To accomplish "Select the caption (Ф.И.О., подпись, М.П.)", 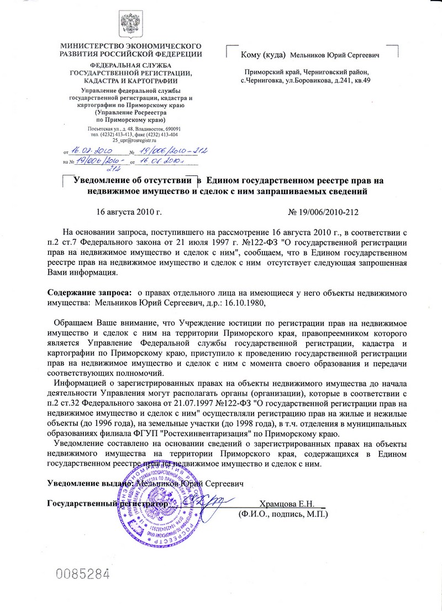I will click(283, 514).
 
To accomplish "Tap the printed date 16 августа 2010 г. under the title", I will click(129, 212).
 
